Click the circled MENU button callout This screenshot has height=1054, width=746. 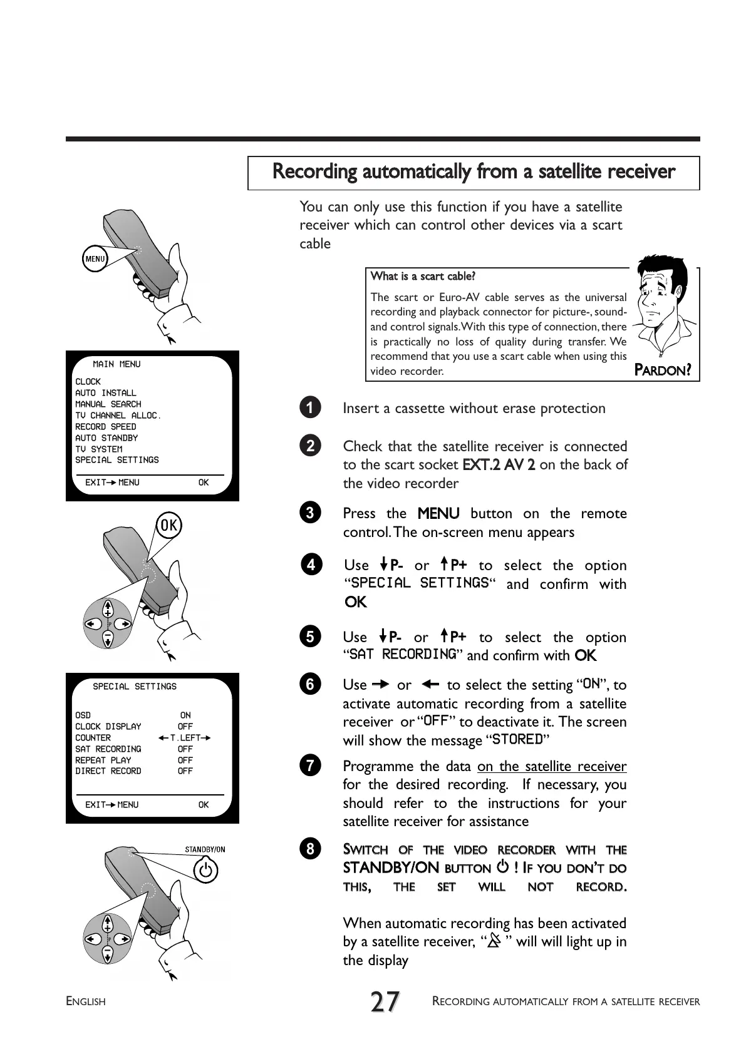[95, 258]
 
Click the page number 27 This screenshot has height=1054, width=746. [385, 1002]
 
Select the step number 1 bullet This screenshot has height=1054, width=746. [310, 408]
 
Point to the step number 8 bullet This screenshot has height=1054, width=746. [310, 849]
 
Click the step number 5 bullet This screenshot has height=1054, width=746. [310, 637]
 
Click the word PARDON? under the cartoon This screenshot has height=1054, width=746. [663, 370]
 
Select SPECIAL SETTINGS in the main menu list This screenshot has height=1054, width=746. [117, 460]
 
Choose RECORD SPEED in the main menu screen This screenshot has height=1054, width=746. [105, 427]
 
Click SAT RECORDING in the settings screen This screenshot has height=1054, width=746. [108, 749]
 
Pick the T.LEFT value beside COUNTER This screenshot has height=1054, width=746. [185, 738]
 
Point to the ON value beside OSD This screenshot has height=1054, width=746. [185, 715]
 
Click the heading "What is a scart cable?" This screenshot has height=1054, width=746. [423, 276]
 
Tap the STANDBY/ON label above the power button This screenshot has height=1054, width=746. [205, 850]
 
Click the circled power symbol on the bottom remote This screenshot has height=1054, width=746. [205, 870]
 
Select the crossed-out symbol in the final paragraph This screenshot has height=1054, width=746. [494, 941]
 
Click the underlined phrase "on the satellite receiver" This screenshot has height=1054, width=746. [551, 766]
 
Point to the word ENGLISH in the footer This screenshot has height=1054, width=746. [86, 1002]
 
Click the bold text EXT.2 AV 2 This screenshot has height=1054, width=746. [499, 465]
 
